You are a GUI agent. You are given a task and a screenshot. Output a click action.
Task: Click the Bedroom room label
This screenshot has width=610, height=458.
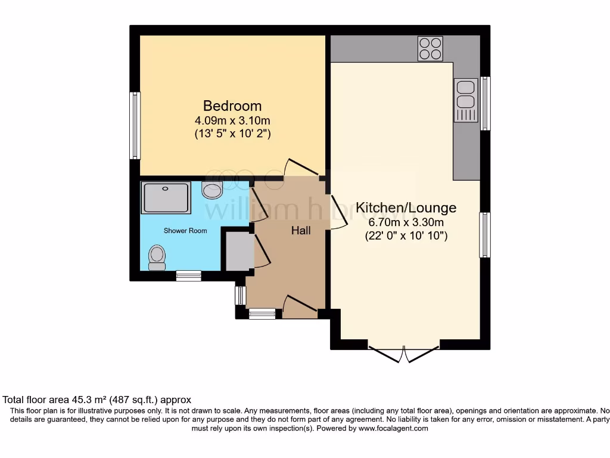[232, 106]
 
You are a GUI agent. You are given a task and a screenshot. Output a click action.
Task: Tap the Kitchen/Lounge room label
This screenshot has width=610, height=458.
[406, 208]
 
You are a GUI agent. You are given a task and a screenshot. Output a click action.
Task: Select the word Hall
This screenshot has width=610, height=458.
[300, 230]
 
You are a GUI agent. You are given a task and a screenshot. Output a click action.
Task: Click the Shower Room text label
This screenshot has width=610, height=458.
[186, 231]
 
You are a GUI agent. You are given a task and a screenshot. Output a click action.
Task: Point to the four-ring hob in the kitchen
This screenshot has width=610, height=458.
[431, 48]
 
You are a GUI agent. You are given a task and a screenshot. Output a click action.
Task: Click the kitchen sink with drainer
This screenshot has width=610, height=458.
[466, 100]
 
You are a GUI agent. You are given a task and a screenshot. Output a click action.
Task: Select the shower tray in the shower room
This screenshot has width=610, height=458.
[166, 197]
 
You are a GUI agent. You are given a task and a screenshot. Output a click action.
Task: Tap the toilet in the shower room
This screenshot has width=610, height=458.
[157, 258]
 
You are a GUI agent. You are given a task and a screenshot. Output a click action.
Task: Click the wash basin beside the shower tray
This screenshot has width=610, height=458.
[212, 190]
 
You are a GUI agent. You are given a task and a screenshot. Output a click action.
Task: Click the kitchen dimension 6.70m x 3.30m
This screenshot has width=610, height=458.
[406, 222]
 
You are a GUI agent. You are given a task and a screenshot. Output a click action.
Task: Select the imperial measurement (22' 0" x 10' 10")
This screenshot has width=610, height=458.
[406, 236]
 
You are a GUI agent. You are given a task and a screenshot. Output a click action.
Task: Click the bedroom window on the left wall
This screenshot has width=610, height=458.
[135, 125]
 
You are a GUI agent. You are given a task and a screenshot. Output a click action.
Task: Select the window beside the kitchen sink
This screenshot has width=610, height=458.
[485, 103]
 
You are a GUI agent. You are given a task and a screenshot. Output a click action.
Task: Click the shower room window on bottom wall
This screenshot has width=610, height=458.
[188, 276]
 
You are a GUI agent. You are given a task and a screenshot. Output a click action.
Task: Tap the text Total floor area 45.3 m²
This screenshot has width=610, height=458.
[77, 400]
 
